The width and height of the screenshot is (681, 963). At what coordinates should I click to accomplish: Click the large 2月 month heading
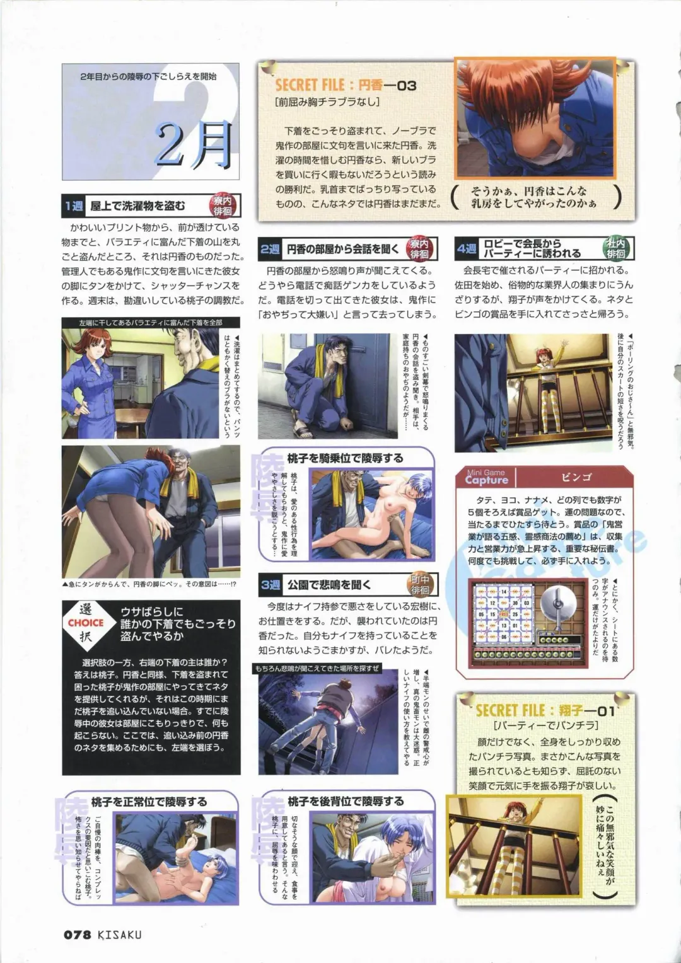tap(194, 144)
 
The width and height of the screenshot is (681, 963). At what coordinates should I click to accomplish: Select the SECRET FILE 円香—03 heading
tap(346, 85)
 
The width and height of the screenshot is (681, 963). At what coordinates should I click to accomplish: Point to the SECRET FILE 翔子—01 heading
tap(545, 711)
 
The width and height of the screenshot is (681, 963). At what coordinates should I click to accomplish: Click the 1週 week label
tap(73, 205)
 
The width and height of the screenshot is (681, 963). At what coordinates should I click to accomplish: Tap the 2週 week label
tap(270, 249)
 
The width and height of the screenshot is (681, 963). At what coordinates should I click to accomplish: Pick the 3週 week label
tap(270, 585)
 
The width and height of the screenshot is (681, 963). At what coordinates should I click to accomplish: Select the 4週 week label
tap(467, 249)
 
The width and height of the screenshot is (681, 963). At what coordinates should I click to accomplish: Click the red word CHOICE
tap(86, 623)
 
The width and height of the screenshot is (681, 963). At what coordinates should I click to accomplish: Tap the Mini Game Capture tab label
tap(486, 477)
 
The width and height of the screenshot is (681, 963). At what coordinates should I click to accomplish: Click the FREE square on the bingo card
tap(504, 614)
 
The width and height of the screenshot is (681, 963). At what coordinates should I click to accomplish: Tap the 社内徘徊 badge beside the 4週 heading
tap(615, 248)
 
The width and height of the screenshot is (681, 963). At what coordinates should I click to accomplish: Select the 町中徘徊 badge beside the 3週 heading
tap(420, 585)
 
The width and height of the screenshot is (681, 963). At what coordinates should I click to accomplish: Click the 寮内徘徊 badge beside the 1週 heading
tap(223, 205)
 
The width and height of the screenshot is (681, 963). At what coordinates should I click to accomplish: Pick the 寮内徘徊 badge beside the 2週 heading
tap(419, 248)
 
